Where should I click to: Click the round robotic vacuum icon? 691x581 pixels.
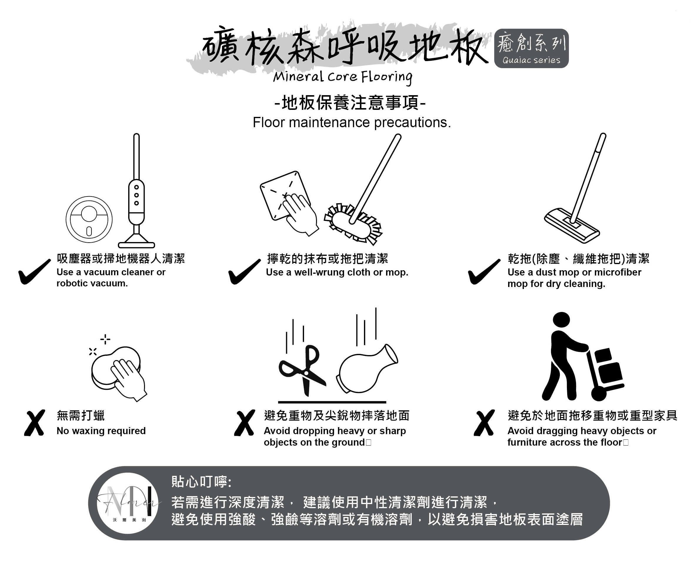89,219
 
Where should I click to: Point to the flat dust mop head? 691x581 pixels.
572,226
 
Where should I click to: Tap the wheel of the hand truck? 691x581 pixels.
599,393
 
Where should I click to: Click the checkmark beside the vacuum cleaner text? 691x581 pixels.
35,272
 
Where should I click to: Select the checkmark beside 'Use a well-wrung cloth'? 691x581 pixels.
245,272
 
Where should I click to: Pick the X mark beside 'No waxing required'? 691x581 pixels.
35,423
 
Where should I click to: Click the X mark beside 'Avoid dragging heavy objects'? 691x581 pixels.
484,423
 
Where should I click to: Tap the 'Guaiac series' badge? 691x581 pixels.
531,48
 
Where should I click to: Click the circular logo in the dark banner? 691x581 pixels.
128,503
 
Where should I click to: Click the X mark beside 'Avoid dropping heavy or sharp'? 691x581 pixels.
245,423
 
